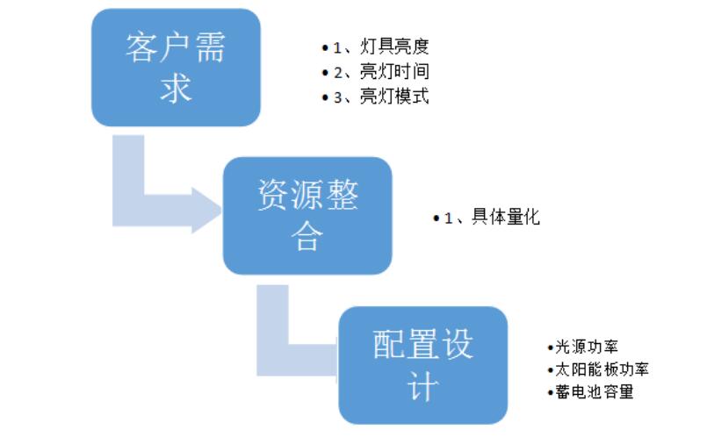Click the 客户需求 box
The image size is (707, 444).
pyautogui.click(x=176, y=67)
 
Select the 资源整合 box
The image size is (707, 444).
pyautogui.click(x=307, y=216)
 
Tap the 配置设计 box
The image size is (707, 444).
pyautogui.click(x=422, y=365)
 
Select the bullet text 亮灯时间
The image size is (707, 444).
pyautogui.click(x=394, y=72)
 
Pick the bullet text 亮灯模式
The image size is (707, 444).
pyautogui.click(x=394, y=97)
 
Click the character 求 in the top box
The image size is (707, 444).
pyautogui.click(x=176, y=88)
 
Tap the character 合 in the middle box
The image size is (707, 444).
pyautogui.click(x=307, y=237)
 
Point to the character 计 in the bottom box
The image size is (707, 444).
pyautogui.click(x=422, y=386)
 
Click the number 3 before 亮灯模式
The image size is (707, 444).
pyautogui.click(x=337, y=97)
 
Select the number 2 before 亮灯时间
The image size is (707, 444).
pyautogui.click(x=337, y=72)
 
